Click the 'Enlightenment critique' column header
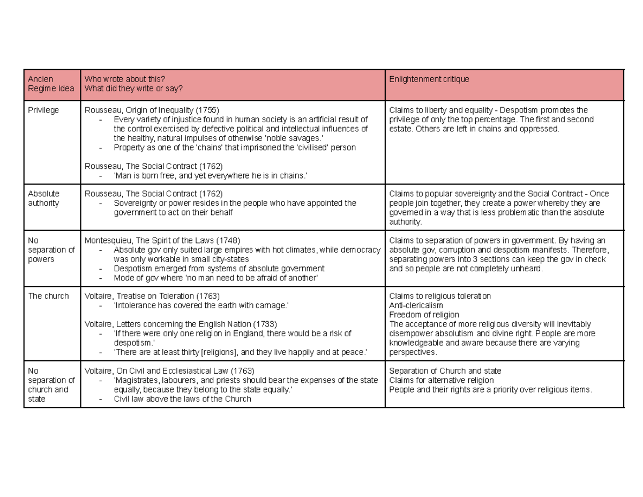coord(429,79)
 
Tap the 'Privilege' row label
coord(43,110)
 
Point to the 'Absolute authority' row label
coord(43,198)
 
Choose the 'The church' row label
coord(48,296)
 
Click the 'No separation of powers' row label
coord(51,250)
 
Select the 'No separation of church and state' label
coord(51,385)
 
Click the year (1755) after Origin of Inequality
coord(208,110)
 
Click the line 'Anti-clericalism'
coord(416,306)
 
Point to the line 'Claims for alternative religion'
coord(442,380)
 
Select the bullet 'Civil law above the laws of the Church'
coord(182,399)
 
